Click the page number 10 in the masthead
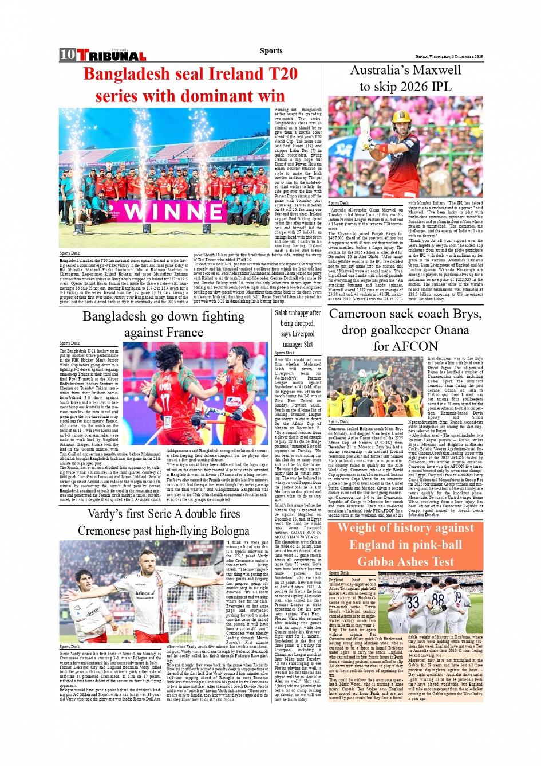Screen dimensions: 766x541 click(68, 55)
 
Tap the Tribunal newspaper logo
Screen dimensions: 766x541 click(112, 56)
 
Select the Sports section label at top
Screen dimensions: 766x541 click(271, 50)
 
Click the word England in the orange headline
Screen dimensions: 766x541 click(373, 545)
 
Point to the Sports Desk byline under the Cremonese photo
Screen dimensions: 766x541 click(70, 647)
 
